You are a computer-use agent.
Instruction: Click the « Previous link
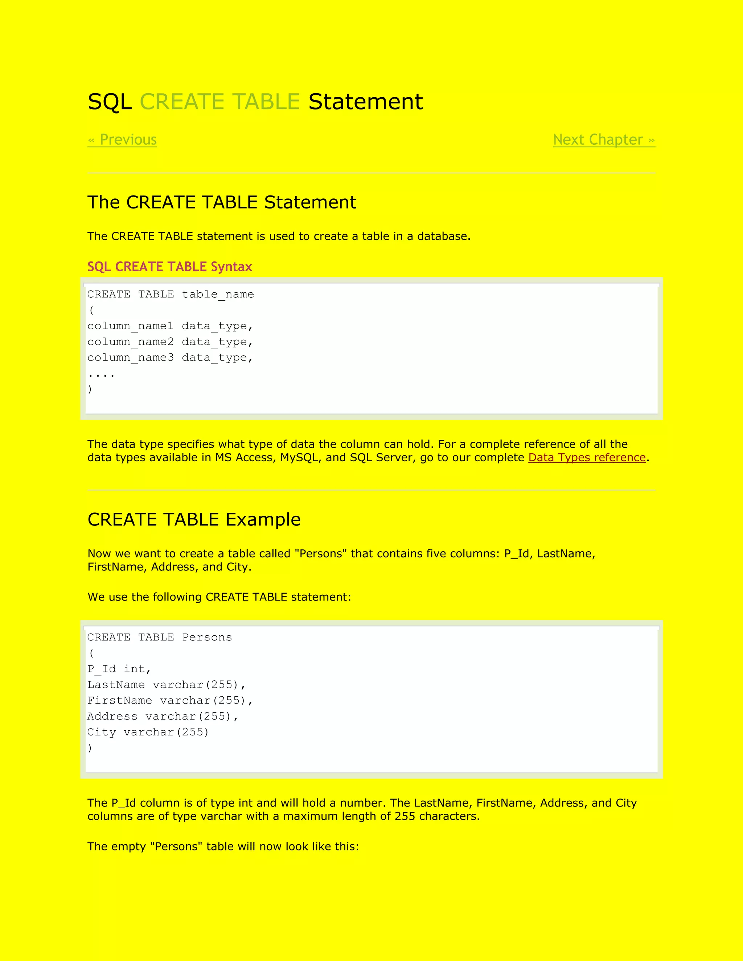(x=122, y=140)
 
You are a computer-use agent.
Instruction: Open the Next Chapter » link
(x=604, y=140)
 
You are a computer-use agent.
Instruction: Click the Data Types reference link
(x=587, y=458)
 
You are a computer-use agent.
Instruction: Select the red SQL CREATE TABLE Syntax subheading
(x=169, y=267)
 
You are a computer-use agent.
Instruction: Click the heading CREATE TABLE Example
(x=194, y=520)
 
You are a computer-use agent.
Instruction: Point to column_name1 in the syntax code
(x=130, y=326)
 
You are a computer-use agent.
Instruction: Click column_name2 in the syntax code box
(x=130, y=342)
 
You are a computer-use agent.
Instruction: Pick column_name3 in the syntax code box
(x=130, y=358)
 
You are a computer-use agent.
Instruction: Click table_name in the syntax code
(x=218, y=294)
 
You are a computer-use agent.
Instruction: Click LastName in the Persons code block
(x=116, y=685)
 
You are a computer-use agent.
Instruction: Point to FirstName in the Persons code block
(x=119, y=701)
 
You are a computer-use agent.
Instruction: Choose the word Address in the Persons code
(x=112, y=716)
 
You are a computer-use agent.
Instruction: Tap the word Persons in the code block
(x=207, y=638)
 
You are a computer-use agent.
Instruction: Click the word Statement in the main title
(x=365, y=102)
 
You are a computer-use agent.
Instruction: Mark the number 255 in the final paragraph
(x=405, y=817)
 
